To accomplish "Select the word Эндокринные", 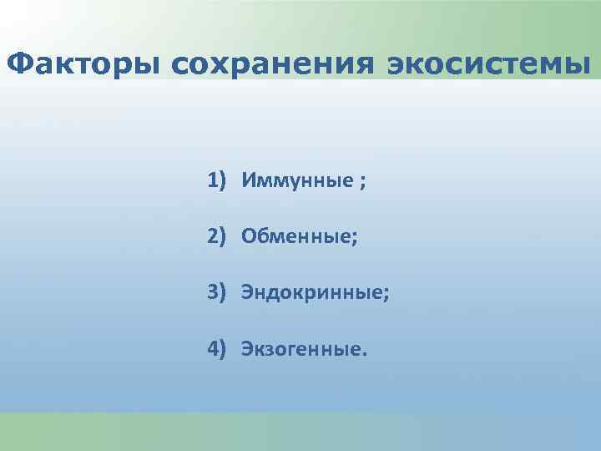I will (x=312, y=292).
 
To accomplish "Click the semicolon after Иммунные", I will (x=361, y=183).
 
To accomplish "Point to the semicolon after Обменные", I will (x=356, y=239).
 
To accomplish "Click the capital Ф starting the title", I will (x=18, y=63).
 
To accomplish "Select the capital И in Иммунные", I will (x=249, y=181).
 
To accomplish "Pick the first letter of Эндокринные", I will (x=248, y=292).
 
